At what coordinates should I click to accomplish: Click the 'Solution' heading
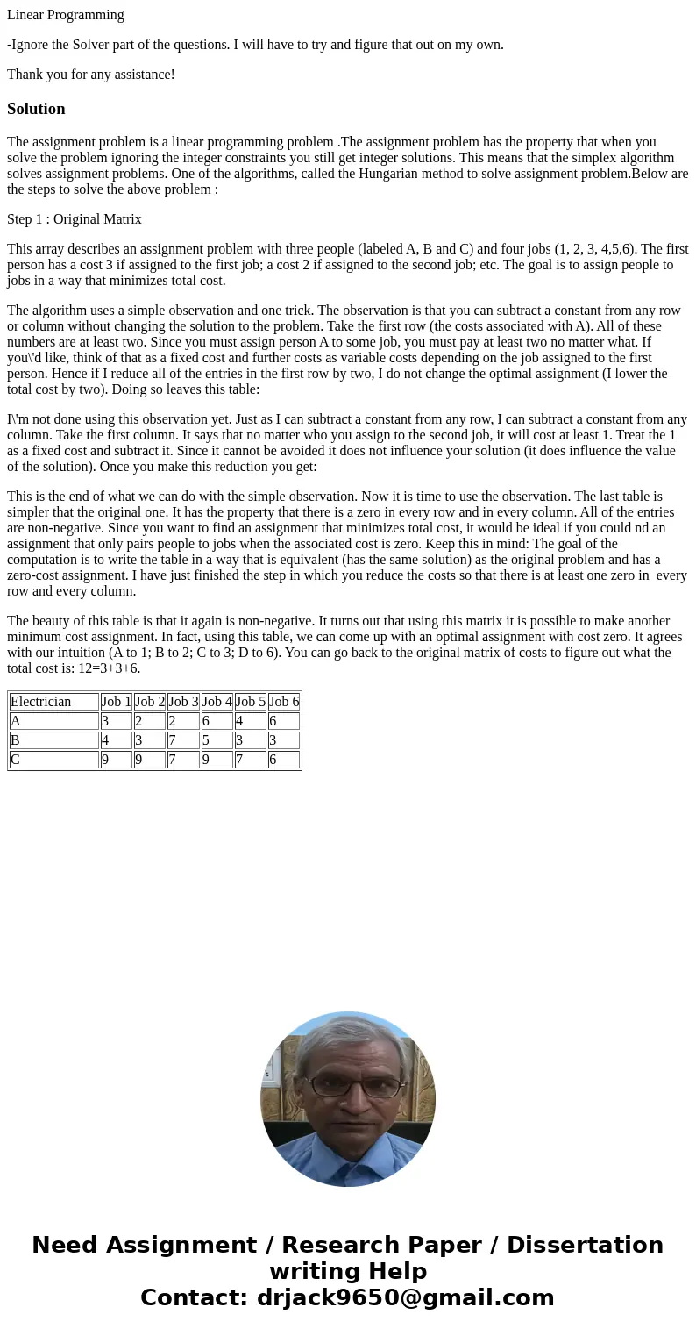pos(36,109)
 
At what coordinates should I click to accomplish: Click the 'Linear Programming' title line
pos(66,15)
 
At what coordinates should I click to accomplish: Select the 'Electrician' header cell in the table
pos(53,702)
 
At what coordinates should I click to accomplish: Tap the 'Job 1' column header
pos(116,702)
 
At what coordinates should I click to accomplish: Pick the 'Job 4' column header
pos(217,702)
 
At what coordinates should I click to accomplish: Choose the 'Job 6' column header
pos(284,702)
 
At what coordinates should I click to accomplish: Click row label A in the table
pos(53,721)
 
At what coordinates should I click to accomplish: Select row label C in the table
pos(53,760)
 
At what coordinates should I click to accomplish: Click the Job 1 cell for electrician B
pos(116,740)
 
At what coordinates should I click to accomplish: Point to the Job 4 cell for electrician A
pos(217,721)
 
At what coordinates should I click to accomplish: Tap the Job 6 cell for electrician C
pos(284,760)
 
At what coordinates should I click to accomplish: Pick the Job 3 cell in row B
pos(183,740)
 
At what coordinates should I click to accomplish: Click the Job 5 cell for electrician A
pos(250,721)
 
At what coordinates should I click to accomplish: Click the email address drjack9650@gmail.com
pos(405,1298)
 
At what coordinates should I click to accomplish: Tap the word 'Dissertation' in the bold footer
pos(585,1246)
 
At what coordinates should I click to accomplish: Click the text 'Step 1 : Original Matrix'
pos(75,219)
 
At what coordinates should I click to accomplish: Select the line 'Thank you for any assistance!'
pos(91,75)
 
